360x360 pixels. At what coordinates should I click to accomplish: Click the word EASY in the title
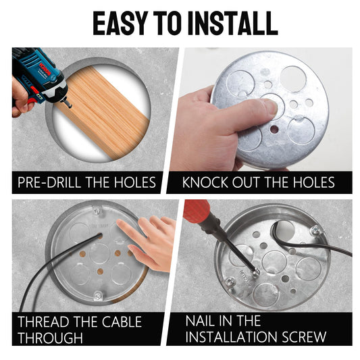(120, 23)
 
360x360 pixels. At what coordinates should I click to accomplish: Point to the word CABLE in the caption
(122, 322)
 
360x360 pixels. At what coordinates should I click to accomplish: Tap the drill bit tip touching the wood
(68, 105)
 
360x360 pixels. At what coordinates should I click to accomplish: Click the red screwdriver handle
(197, 211)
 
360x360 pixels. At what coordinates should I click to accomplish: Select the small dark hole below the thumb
(274, 130)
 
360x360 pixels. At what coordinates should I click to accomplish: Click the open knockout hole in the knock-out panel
(293, 78)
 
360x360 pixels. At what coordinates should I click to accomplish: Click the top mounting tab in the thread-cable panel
(98, 210)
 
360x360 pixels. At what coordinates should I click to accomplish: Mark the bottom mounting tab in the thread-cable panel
(98, 296)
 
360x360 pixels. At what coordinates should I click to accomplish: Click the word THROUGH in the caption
(50, 338)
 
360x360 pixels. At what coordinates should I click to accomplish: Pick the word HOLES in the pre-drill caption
(135, 182)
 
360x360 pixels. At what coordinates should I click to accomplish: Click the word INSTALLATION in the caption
(232, 337)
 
